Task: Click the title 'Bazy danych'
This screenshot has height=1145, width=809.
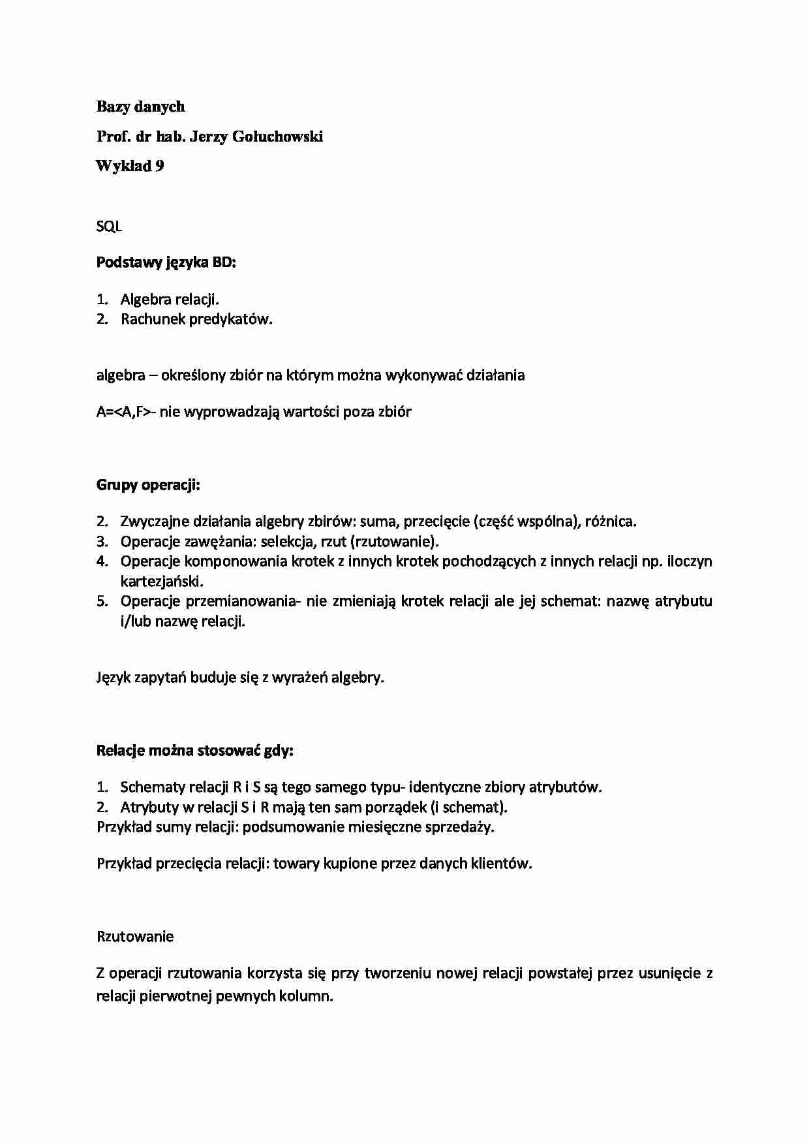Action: click(140, 106)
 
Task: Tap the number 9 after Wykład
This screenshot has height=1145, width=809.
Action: click(159, 166)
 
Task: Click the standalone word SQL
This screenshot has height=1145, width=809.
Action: click(109, 227)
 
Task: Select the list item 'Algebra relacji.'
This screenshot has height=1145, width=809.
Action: click(170, 300)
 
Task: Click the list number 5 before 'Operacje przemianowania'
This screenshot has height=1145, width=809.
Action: click(102, 601)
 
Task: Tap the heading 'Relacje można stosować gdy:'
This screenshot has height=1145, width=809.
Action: click(195, 751)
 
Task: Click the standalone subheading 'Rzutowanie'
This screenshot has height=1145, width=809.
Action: click(135, 937)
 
